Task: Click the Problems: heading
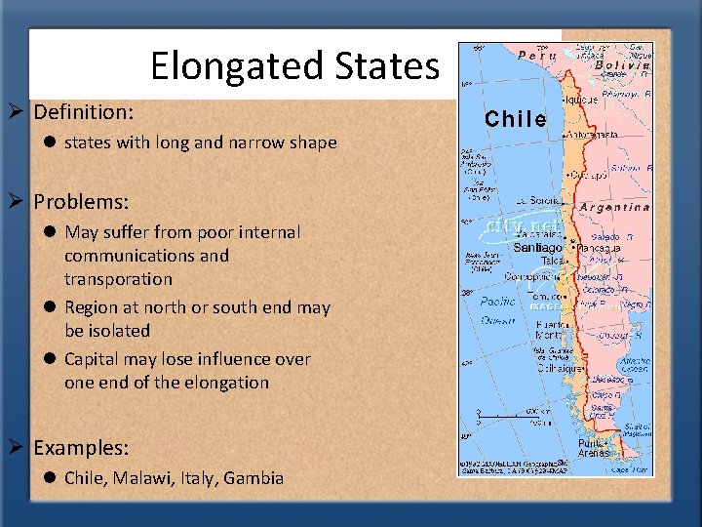[x=81, y=202]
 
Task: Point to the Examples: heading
[x=81, y=448]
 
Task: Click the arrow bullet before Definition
[x=19, y=112]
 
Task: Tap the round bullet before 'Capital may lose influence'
[x=48, y=359]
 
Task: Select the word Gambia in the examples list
[x=253, y=478]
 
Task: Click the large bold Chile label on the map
[x=516, y=119]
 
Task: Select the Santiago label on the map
[x=537, y=248]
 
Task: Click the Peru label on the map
[x=538, y=56]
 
